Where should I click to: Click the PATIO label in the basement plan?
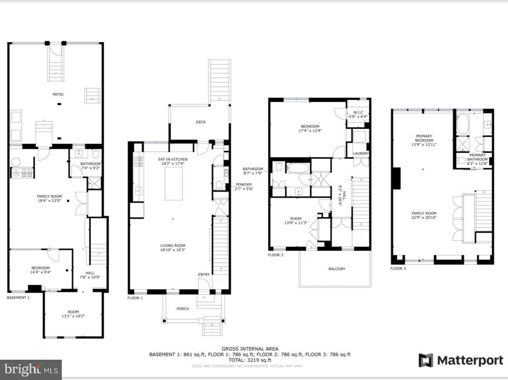point(58,94)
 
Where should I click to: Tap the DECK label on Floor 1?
point(201,122)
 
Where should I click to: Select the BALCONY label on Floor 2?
point(337,269)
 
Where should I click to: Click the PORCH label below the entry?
point(183,309)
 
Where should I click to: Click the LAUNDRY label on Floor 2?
point(360,154)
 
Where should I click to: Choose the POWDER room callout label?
point(243,185)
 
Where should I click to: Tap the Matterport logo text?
point(470,360)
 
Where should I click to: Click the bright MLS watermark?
point(31,370)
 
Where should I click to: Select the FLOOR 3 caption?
point(398,268)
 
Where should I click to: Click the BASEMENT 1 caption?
point(18,297)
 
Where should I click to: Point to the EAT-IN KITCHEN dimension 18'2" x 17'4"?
point(173,164)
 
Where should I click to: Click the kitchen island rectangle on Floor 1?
point(173,183)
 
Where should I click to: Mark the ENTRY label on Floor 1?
point(204,274)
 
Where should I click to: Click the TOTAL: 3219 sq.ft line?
point(250,360)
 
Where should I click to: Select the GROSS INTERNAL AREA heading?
point(250,349)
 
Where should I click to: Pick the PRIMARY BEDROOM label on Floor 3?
point(424,138)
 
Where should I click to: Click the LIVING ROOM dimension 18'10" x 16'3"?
point(173,250)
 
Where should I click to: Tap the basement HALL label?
point(90,273)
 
